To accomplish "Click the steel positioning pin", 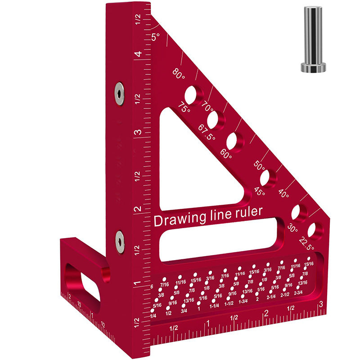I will (x=313, y=39).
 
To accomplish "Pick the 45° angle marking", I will (x=260, y=191).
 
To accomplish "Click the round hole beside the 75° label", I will (x=190, y=95).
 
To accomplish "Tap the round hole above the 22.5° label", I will (x=315, y=230).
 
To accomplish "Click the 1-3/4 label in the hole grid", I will (x=243, y=301).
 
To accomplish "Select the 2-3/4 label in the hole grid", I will (x=298, y=293).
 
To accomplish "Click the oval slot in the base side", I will (x=82, y=283).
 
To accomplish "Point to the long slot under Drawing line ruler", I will (x=220, y=238).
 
